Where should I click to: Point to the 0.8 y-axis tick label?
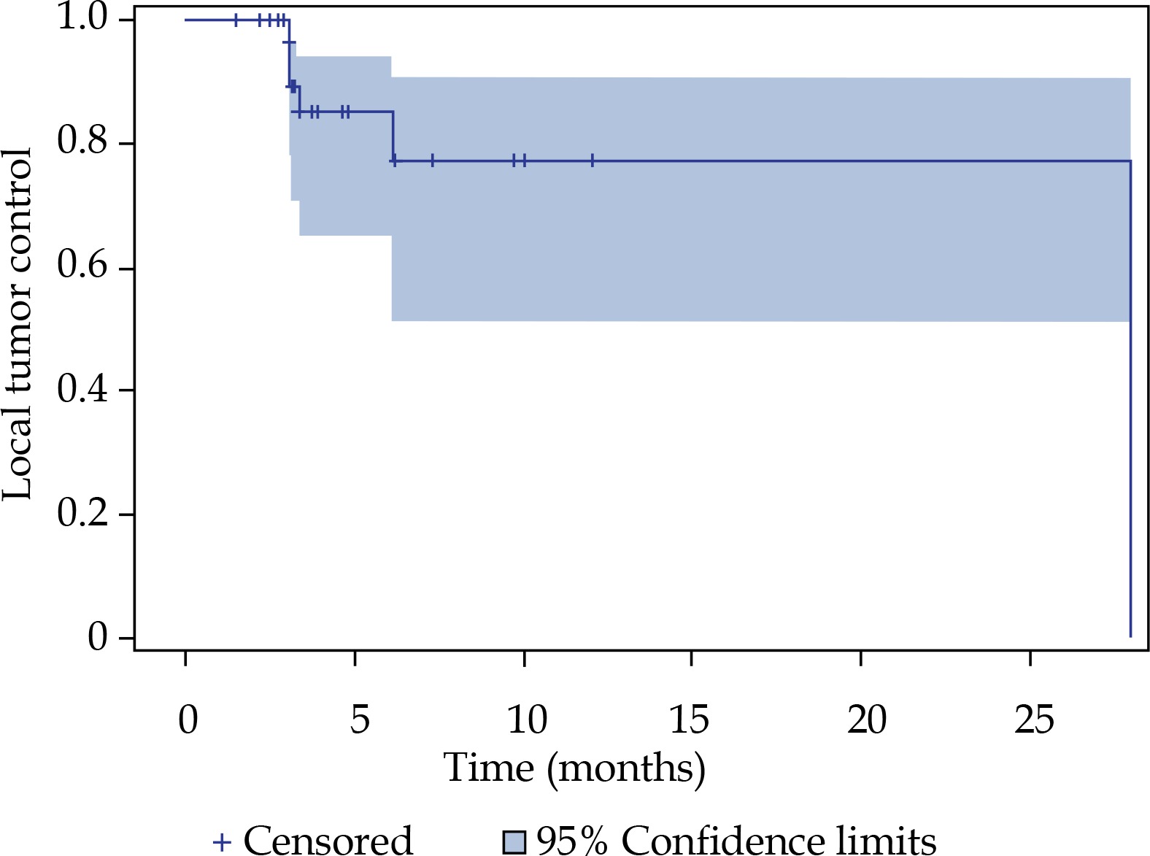click(x=83, y=141)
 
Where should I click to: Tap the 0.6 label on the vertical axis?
click(x=83, y=266)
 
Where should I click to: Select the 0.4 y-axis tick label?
click(x=83, y=388)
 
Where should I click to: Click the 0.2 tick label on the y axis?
click(x=83, y=512)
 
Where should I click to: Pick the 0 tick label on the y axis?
click(x=98, y=637)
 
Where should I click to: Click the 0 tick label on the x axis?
click(x=188, y=720)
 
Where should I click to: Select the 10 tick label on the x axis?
click(x=526, y=720)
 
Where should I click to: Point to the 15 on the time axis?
click(x=689, y=720)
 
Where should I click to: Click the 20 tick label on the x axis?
click(x=866, y=720)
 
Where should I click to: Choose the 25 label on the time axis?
click(x=1034, y=720)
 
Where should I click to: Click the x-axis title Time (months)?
click(x=574, y=768)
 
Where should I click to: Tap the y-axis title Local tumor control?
click(x=18, y=325)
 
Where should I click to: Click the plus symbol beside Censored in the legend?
click(x=222, y=842)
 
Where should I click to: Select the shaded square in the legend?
click(x=514, y=842)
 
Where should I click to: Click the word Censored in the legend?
click(x=328, y=841)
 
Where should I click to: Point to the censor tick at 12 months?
click(x=592, y=161)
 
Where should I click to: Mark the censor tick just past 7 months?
click(x=433, y=161)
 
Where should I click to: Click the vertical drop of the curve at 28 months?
click(x=1130, y=401)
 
